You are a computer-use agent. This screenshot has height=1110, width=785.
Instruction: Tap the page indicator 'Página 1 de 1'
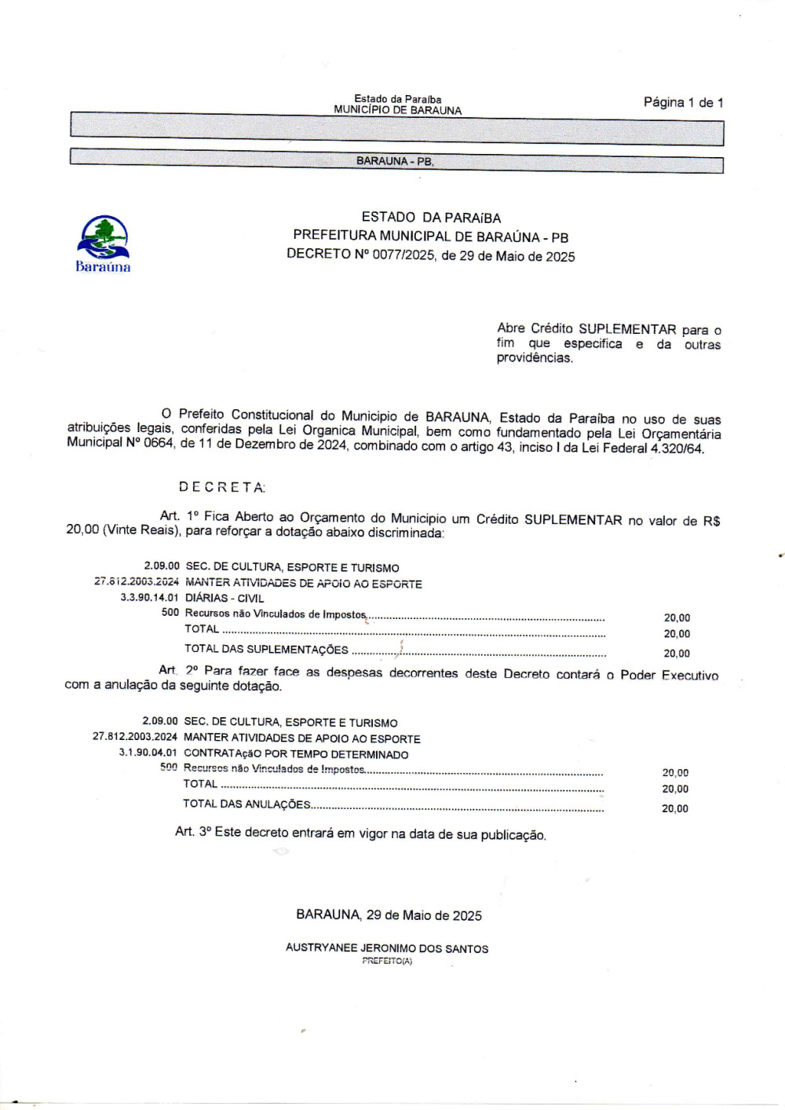pyautogui.click(x=683, y=102)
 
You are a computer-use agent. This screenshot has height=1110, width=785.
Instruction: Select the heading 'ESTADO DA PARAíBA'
pyautogui.click(x=431, y=218)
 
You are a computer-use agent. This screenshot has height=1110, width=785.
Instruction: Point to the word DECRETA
pyautogui.click(x=221, y=487)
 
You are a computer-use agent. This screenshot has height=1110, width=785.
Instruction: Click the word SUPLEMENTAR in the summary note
pyautogui.click(x=627, y=329)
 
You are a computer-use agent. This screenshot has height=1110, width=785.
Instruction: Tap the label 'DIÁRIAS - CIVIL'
pyautogui.click(x=225, y=599)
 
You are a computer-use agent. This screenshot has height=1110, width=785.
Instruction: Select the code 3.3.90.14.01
pyautogui.click(x=149, y=598)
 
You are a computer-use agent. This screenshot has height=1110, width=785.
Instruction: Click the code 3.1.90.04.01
pyautogui.click(x=148, y=753)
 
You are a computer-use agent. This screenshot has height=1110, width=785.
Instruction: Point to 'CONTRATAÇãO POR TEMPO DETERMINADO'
pyautogui.click(x=296, y=754)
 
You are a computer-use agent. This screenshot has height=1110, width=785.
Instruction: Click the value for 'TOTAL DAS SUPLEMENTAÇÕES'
pyautogui.click(x=677, y=654)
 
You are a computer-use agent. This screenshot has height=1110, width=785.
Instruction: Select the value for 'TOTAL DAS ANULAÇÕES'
pyautogui.click(x=675, y=808)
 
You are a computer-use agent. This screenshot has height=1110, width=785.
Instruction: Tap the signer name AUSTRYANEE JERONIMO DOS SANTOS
pyautogui.click(x=387, y=948)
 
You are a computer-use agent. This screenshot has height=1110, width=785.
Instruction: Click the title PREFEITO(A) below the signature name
pyautogui.click(x=387, y=961)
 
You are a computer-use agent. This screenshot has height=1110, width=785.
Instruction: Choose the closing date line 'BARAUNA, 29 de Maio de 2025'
pyautogui.click(x=389, y=915)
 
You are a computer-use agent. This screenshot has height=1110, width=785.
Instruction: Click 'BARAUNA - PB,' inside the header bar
pyautogui.click(x=395, y=161)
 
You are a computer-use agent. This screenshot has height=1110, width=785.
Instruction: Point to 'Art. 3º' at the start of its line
pyautogui.click(x=192, y=831)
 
